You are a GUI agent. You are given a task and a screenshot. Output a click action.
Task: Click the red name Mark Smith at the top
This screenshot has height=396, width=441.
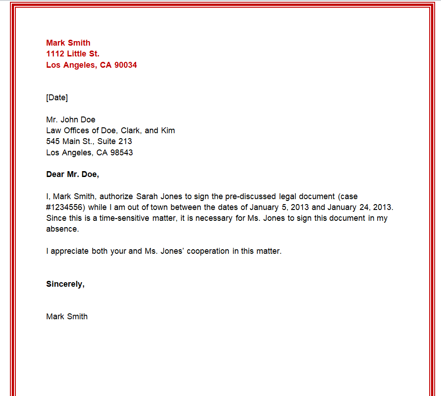click(68, 43)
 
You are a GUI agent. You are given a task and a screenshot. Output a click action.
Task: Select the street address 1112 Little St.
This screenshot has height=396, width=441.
click(73, 54)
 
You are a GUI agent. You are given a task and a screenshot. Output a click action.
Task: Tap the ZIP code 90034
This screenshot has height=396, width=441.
click(126, 65)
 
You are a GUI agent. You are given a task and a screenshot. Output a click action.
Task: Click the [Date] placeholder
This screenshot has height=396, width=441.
click(57, 98)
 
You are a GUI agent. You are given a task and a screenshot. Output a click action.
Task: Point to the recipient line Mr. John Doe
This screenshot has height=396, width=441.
click(71, 120)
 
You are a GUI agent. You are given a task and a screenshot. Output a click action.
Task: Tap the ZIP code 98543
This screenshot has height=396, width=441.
click(121, 153)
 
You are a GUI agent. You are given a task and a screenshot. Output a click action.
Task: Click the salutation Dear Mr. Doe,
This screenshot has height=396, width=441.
click(72, 174)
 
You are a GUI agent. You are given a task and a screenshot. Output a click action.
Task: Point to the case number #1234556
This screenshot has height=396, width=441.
click(65, 207)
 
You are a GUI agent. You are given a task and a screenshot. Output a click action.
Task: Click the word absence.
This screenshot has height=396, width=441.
click(62, 229)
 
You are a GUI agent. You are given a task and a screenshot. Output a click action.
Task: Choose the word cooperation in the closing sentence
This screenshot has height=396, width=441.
click(207, 251)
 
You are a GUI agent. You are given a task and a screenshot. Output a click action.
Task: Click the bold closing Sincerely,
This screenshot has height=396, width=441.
click(65, 284)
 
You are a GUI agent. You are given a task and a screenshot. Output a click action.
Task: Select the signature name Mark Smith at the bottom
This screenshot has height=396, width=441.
click(67, 317)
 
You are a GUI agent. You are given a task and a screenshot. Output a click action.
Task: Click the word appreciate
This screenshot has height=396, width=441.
click(70, 251)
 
